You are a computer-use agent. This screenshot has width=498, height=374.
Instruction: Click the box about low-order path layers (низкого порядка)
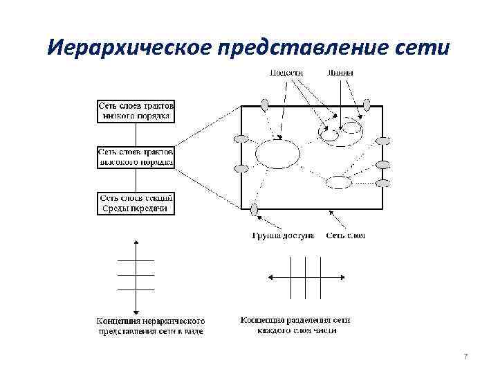pos(136,110)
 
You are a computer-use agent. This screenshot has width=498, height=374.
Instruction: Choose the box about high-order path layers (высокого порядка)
pos(136,155)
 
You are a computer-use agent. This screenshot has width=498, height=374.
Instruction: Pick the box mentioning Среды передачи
pos(136,203)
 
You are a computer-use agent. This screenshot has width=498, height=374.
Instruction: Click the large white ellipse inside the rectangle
pos(278,154)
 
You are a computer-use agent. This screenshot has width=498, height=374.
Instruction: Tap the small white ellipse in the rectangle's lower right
pos(339,182)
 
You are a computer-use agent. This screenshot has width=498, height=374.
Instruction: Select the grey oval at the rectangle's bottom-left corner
pos(255,209)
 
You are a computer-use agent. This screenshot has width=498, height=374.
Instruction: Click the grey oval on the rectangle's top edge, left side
pos(265,105)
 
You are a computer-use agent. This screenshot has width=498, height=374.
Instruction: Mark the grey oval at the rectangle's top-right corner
pos(367,105)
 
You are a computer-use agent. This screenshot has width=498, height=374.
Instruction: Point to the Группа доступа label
pos(283,235)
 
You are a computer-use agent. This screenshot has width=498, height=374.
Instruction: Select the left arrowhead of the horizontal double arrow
pos(269,277)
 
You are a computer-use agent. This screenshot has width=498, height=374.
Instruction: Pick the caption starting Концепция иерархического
pos(150,326)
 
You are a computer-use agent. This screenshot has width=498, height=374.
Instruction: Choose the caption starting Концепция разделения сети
pos(295,326)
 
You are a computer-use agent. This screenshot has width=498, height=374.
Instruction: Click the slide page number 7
pos(465,356)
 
